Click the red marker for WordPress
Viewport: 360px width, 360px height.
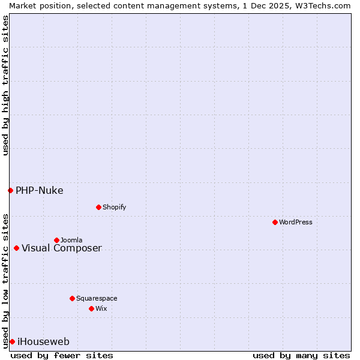pos(275,222)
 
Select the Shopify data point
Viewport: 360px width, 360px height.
pos(98,207)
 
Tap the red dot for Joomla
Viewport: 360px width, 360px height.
pos(56,240)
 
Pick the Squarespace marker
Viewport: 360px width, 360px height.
pos(72,298)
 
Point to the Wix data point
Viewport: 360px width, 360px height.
pos(91,308)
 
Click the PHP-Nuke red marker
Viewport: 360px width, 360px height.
pos(10,190)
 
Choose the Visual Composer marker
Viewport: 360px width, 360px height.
pos(16,248)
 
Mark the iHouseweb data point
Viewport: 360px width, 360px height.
pos(12,341)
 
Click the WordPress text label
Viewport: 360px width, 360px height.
pos(296,222)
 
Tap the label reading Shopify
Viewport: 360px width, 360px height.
pos(114,207)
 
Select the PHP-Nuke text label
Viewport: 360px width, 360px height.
pos(39,191)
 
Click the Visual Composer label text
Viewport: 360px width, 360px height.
pos(62,248)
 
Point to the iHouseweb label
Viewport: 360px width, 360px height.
pos(43,342)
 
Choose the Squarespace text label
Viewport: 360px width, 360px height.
pos(97,298)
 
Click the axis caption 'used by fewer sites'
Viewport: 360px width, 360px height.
pos(62,355)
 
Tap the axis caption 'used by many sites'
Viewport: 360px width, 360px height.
pos(301,355)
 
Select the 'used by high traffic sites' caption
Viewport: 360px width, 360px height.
pos(5,85)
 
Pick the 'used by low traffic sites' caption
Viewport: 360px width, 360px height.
pos(5,281)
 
